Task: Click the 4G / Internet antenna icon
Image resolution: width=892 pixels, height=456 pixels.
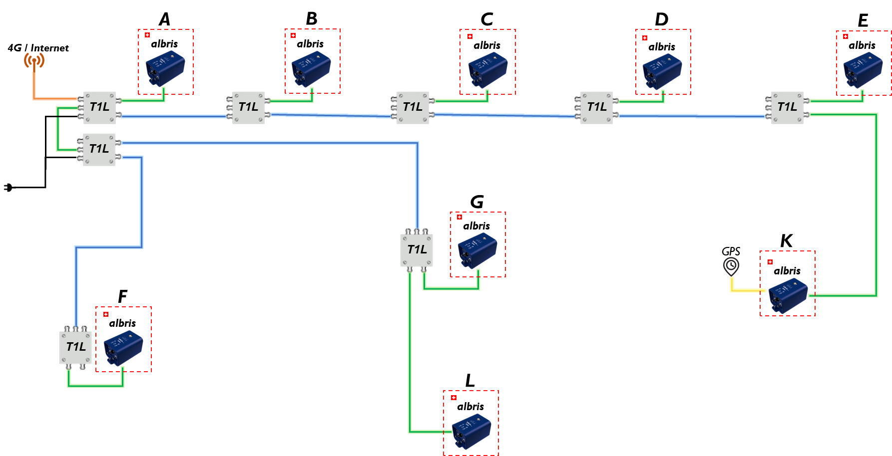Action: [34, 61]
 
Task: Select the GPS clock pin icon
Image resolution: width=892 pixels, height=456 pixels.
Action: [731, 266]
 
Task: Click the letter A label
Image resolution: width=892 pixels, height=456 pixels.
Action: [164, 19]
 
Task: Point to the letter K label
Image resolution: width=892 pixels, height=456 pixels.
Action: [786, 240]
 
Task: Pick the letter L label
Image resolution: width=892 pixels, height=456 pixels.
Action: [469, 381]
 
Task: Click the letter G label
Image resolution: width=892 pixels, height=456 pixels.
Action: [477, 202]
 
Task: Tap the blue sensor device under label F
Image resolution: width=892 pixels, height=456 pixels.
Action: [123, 348]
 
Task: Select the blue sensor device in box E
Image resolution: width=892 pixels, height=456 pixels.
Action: [863, 70]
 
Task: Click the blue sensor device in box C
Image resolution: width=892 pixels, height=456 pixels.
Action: [487, 70]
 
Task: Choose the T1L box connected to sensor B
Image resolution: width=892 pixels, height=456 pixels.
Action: [248, 107]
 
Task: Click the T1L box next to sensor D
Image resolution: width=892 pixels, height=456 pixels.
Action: [596, 107]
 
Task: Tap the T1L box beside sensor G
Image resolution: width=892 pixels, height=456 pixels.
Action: [417, 250]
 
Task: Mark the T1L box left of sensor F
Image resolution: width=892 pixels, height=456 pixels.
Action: [76, 347]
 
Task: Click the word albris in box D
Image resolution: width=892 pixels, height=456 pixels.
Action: [662, 47]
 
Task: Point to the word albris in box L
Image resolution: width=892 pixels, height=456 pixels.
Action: [470, 407]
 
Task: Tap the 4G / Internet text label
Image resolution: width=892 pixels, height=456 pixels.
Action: [38, 48]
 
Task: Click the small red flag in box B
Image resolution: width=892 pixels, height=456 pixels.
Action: [293, 35]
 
